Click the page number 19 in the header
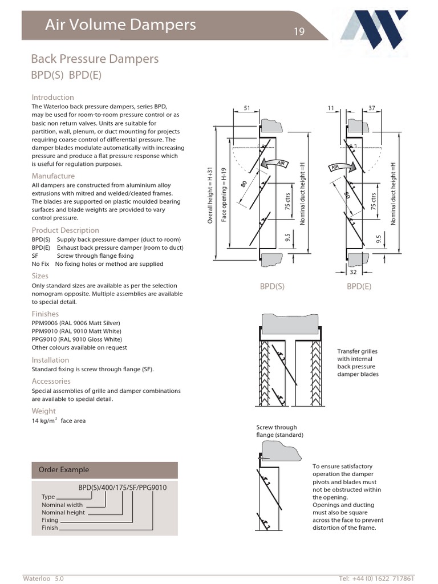(299, 32)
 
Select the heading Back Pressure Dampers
(94, 59)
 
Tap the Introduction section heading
(52, 98)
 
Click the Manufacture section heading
(53, 176)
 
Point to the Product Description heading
(65, 230)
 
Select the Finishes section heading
(45, 314)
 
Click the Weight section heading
(43, 411)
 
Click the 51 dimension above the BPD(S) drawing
(247, 108)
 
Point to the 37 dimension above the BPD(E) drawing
(372, 108)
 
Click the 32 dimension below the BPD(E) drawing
(353, 273)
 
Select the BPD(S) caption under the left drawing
(272, 287)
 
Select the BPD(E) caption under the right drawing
(359, 287)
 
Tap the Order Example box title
(63, 470)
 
